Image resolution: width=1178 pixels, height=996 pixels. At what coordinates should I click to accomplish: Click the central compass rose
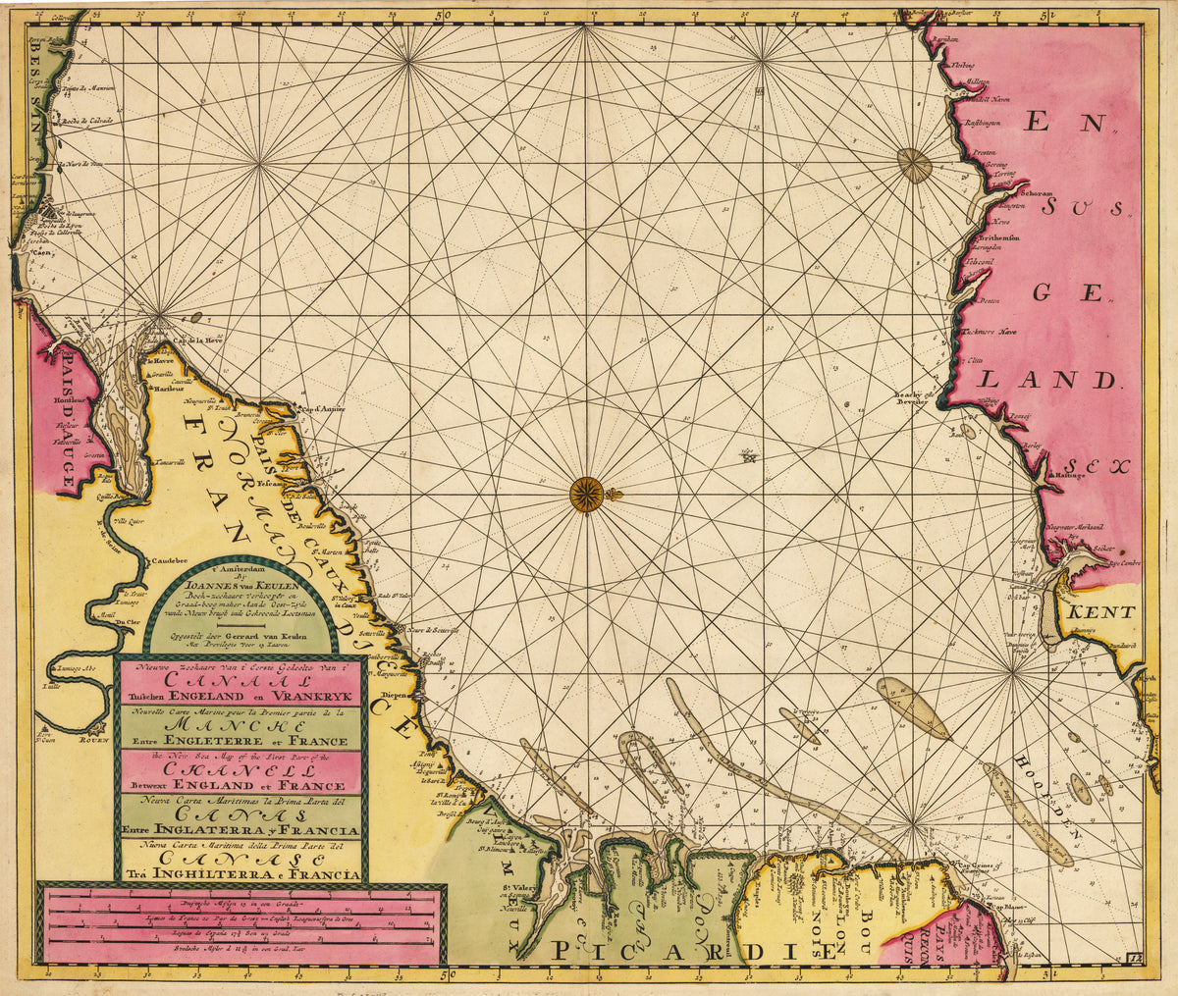point(587,493)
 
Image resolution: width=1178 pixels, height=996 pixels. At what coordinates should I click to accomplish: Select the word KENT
point(1101,612)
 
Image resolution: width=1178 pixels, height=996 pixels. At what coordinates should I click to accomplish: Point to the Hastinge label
point(1072,476)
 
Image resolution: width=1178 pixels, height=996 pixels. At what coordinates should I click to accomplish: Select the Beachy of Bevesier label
point(911,399)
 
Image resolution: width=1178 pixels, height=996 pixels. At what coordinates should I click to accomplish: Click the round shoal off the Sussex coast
point(915,166)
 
